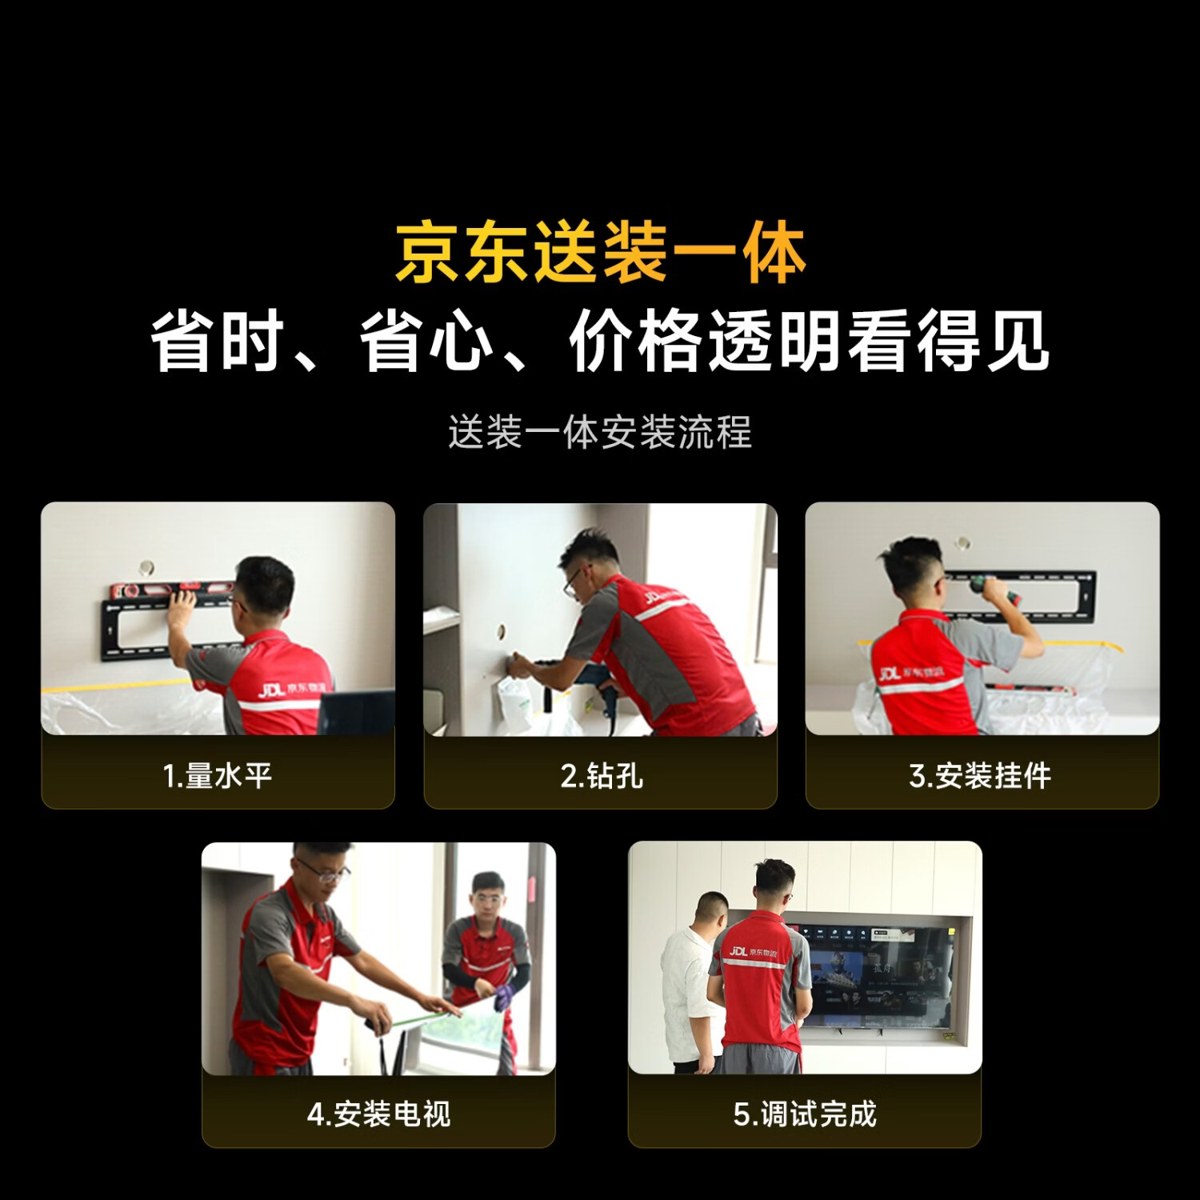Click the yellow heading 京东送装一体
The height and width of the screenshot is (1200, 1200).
click(x=600, y=253)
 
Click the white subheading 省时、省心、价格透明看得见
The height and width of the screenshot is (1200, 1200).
click(x=600, y=342)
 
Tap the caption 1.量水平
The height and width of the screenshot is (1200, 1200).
click(x=218, y=776)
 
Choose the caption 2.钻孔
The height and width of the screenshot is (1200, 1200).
click(x=601, y=776)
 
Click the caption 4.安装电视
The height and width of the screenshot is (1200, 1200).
click(x=378, y=1114)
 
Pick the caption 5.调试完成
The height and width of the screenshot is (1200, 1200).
click(x=805, y=1114)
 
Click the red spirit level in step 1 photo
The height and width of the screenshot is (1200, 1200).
click(x=172, y=590)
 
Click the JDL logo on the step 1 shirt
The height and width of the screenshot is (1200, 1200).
click(x=272, y=689)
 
